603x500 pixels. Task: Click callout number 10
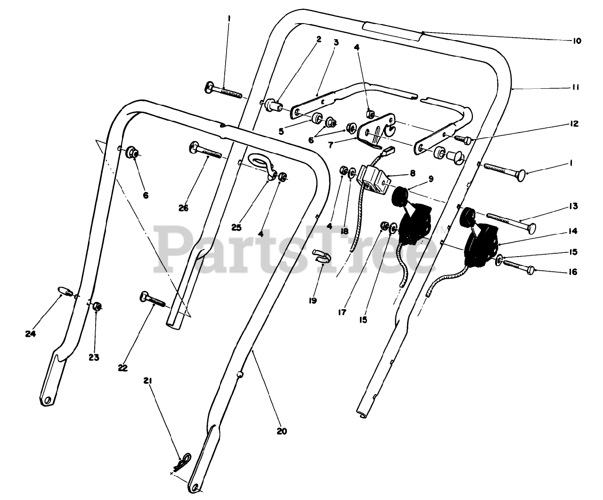point(577,41)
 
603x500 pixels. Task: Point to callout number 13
point(573,207)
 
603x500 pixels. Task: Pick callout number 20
point(282,431)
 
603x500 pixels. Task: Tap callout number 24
point(31,334)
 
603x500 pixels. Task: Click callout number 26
point(183,208)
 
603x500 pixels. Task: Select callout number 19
point(313,300)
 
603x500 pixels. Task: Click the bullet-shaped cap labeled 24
point(64,291)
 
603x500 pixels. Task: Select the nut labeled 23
point(97,307)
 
